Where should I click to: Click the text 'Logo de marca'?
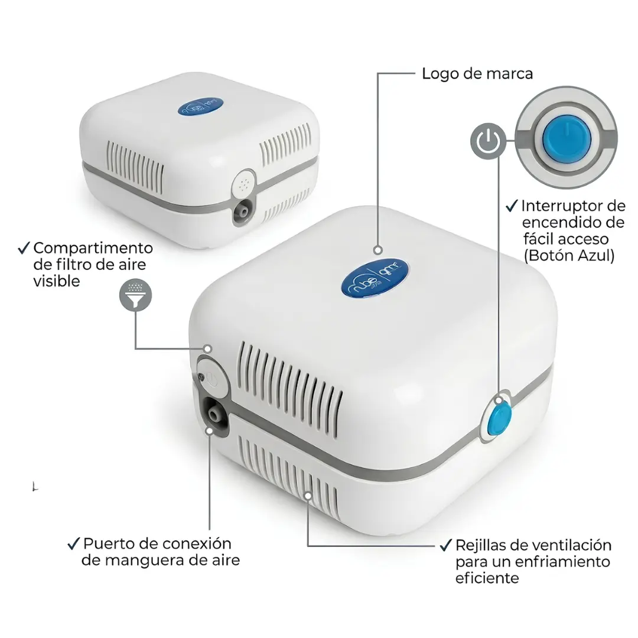[477, 74]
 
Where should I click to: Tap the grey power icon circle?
[489, 141]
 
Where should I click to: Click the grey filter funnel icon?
[135, 295]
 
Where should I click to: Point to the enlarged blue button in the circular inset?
[567, 139]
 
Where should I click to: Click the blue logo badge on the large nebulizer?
[375, 277]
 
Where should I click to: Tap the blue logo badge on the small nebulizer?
[201, 106]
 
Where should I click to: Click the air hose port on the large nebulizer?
[213, 415]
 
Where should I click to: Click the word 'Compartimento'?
[93, 248]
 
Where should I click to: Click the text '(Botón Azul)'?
[569, 256]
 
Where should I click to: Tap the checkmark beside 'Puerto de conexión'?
[74, 544]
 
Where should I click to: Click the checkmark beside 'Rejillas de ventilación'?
[447, 545]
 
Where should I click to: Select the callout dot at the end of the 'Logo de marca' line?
[378, 250]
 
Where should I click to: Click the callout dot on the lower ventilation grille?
[308, 496]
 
